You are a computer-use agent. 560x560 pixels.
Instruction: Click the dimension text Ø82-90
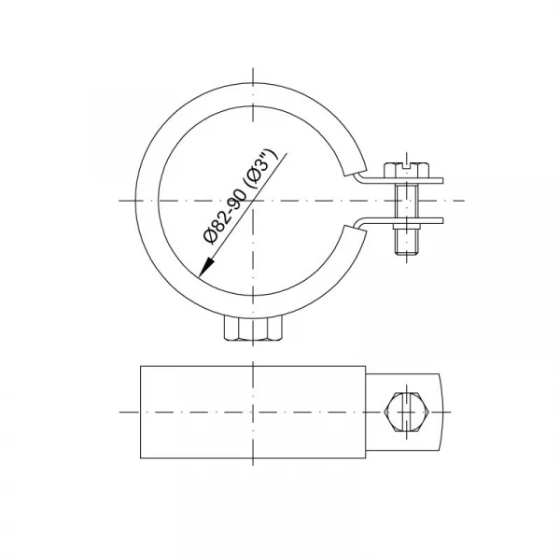click(x=224, y=217)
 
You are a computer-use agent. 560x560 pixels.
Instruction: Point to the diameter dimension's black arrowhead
click(x=206, y=267)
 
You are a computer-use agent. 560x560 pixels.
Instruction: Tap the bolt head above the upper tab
click(x=406, y=170)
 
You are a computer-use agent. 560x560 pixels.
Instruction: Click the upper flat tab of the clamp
click(x=400, y=180)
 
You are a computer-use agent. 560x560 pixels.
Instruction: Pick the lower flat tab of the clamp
click(x=400, y=221)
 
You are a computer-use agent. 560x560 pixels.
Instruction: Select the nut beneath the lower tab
click(x=407, y=227)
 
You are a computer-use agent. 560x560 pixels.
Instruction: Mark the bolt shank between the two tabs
click(x=407, y=201)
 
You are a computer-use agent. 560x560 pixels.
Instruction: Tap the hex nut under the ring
click(x=253, y=328)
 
